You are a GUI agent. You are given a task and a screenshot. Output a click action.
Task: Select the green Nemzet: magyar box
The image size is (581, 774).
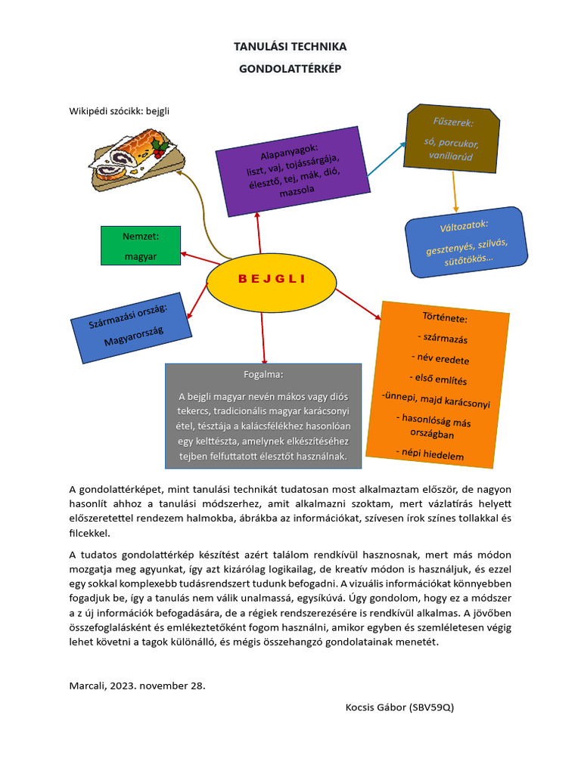[x=140, y=246]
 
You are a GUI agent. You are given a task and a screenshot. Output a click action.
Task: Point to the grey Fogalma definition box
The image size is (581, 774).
[x=263, y=416]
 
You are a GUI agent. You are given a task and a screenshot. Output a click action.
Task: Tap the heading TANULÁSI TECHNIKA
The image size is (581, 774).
[x=290, y=47]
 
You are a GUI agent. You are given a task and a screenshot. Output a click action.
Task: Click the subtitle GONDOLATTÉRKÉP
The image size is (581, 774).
[x=290, y=69]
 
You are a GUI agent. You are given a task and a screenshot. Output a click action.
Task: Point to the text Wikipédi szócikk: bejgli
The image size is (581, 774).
[x=120, y=111]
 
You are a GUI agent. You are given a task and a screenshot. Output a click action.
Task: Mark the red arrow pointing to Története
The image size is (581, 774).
[x=360, y=303]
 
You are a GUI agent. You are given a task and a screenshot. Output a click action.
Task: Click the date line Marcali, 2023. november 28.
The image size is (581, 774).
[x=137, y=686]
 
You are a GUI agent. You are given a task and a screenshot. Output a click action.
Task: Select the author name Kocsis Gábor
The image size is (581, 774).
[x=374, y=707]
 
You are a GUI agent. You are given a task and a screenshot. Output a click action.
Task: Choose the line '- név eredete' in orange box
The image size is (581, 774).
[x=440, y=358]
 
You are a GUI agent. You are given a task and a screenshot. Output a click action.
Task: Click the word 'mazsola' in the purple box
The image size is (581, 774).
[x=297, y=192]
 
